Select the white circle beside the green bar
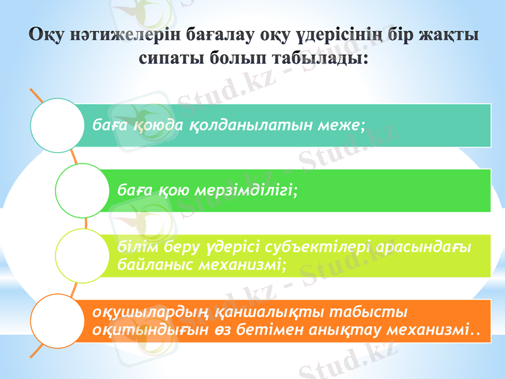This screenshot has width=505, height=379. coord(81,191)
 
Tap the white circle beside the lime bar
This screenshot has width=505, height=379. coord(81,256)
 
